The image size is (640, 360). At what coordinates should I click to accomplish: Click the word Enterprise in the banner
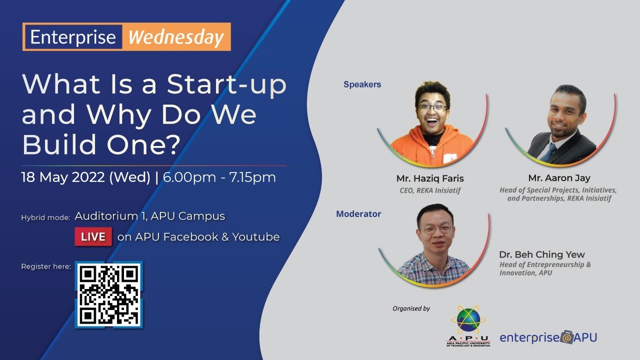pos(73,37)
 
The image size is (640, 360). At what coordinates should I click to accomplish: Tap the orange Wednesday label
pos(176,37)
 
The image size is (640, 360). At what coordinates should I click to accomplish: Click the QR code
pos(109,294)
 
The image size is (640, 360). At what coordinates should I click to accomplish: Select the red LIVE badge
pos(93,236)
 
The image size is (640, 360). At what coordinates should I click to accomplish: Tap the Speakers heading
pos(362,84)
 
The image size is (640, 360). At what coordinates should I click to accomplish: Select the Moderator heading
pos(358,214)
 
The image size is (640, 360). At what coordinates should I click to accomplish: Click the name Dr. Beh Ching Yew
pos(541,254)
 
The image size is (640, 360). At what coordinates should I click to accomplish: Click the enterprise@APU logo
pos(548,337)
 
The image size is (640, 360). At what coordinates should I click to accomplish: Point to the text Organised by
pos(411,308)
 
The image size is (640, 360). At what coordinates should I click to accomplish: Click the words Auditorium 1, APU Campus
pos(149,216)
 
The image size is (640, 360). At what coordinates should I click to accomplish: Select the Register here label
pos(45,266)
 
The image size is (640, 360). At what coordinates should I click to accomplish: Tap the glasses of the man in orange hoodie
pos(432,108)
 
